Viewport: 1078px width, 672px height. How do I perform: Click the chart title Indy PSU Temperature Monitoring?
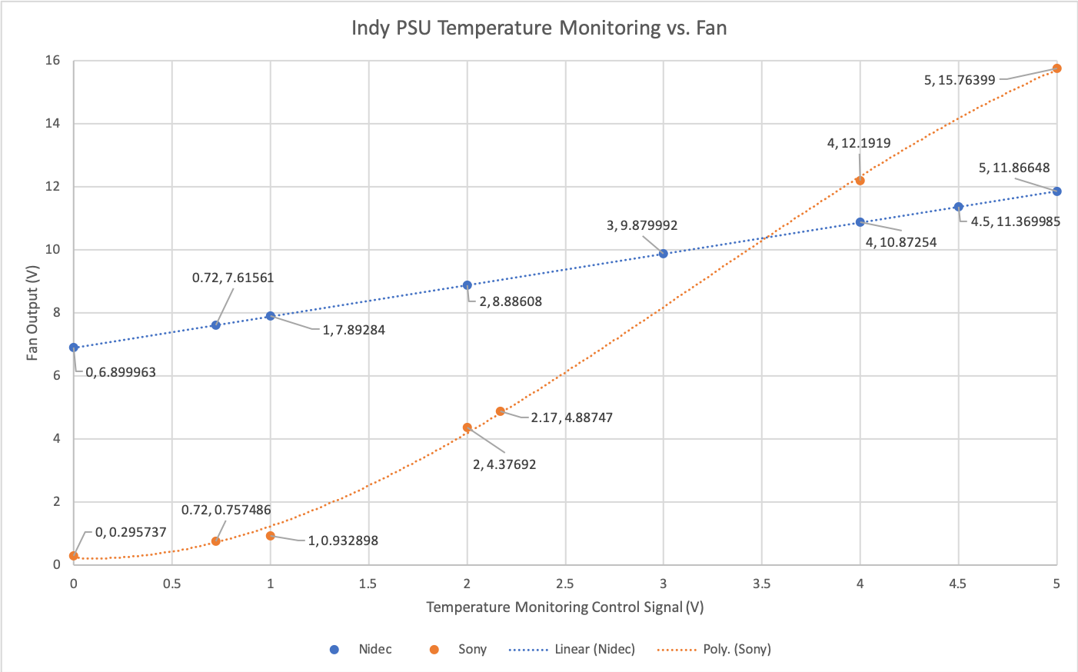[x=538, y=28]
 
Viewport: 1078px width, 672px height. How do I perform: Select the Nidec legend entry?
[x=374, y=649]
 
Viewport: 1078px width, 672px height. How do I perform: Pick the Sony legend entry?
[x=472, y=649]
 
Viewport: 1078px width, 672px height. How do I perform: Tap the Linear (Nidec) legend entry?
[x=594, y=649]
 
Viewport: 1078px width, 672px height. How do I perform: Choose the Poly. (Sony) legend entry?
[x=737, y=649]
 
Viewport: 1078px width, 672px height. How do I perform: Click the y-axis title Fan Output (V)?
[x=32, y=313]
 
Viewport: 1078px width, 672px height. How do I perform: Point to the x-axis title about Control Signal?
[x=565, y=607]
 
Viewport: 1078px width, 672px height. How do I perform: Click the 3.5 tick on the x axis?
[x=762, y=584]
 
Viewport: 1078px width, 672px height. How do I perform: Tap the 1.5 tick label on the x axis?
[x=368, y=584]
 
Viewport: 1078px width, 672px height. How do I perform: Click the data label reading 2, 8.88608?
[x=511, y=302]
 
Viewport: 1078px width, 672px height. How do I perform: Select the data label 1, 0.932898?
[x=343, y=541]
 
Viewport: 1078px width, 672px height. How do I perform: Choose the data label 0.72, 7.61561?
[x=233, y=278]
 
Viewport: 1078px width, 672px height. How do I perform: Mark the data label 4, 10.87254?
[x=901, y=242]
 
